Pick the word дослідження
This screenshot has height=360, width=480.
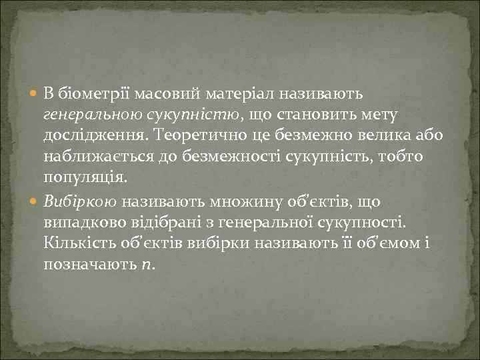[95, 135]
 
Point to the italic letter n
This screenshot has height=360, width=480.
[147, 265]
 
